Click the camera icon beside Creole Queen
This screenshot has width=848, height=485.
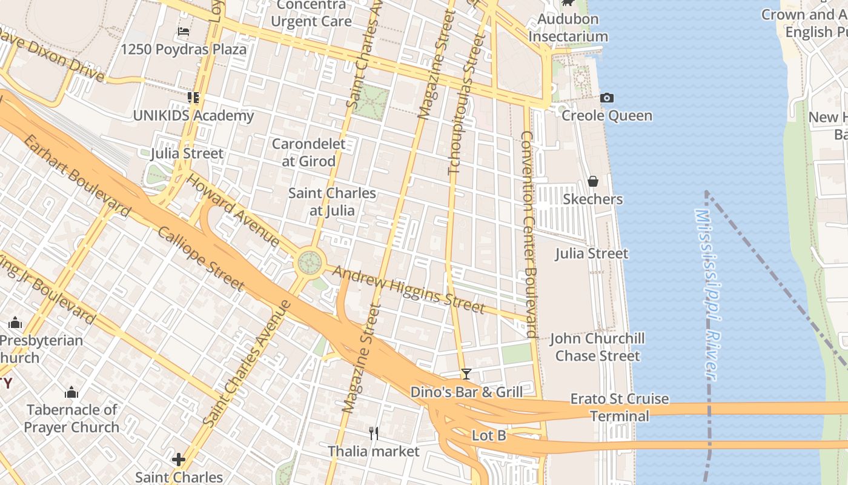click(x=606, y=98)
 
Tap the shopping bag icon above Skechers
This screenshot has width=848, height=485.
click(x=593, y=181)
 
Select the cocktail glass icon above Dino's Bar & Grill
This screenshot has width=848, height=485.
click(x=466, y=374)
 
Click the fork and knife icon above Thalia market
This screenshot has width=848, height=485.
click(x=374, y=433)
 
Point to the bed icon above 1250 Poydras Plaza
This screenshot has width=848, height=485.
click(x=184, y=32)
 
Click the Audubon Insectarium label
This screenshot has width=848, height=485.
click(x=568, y=28)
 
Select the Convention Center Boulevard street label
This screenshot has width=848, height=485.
click(x=528, y=234)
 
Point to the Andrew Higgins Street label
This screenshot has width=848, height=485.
click(x=409, y=290)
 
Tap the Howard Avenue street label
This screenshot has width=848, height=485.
click(x=233, y=210)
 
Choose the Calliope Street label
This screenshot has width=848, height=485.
click(x=201, y=258)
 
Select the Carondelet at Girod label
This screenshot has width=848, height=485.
click(x=308, y=153)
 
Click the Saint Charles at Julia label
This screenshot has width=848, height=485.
click(x=332, y=202)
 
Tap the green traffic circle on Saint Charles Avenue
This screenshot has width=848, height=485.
click(x=310, y=263)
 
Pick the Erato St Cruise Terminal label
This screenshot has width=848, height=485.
click(x=620, y=407)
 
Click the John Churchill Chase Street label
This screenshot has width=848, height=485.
click(x=597, y=347)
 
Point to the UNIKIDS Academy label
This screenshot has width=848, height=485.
click(x=193, y=116)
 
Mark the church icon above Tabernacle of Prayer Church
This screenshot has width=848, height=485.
click(x=71, y=393)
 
